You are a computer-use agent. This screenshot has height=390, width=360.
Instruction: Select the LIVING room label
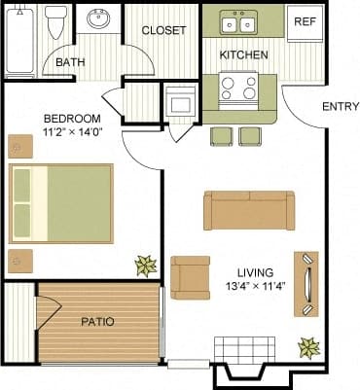[x=254, y=271]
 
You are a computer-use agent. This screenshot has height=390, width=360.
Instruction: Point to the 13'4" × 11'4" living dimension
[x=254, y=287]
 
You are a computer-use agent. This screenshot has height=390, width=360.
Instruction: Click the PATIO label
[x=98, y=321]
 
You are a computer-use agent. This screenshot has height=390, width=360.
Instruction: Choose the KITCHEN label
[x=243, y=55]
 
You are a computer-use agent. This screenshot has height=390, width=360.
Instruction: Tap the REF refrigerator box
[x=305, y=21]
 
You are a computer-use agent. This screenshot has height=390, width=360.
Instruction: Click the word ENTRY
[x=336, y=108]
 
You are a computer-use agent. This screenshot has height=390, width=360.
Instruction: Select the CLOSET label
[x=163, y=30]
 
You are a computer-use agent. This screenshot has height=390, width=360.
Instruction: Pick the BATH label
[x=70, y=63]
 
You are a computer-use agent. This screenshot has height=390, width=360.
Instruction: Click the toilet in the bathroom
[x=55, y=21]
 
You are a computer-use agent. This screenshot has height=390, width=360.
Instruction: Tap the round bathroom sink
[x=98, y=19]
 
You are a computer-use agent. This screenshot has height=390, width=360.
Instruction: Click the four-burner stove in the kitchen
[x=238, y=89]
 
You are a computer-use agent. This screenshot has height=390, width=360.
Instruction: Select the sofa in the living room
[x=248, y=208]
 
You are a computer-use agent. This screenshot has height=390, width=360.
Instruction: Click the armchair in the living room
[x=189, y=277]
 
